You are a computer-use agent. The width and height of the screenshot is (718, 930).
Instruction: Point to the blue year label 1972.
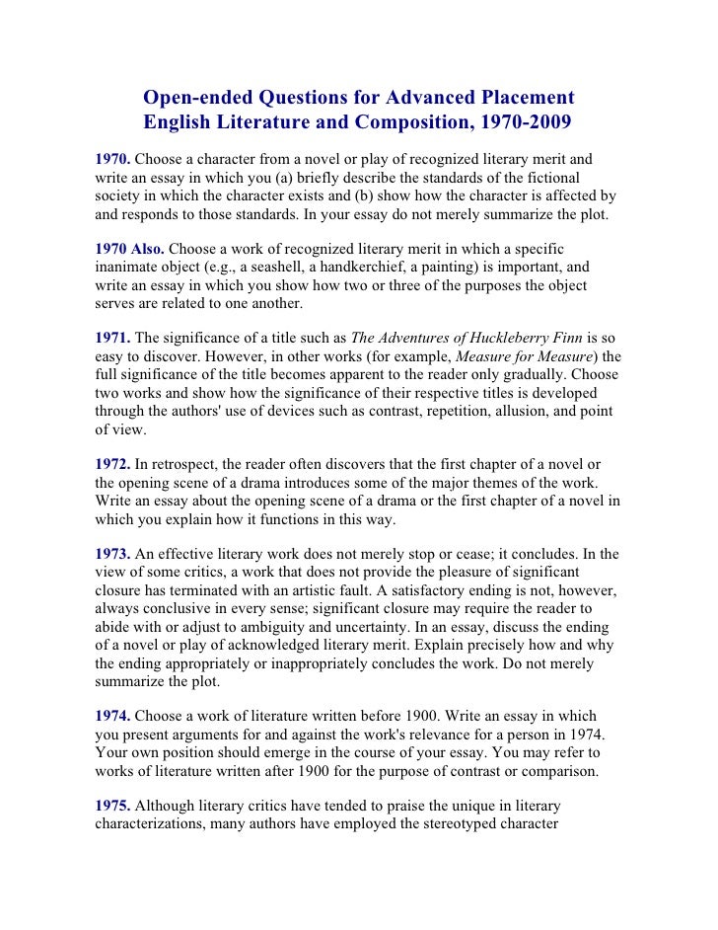click(x=112, y=463)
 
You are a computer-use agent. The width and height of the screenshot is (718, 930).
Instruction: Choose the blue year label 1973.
click(x=112, y=553)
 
